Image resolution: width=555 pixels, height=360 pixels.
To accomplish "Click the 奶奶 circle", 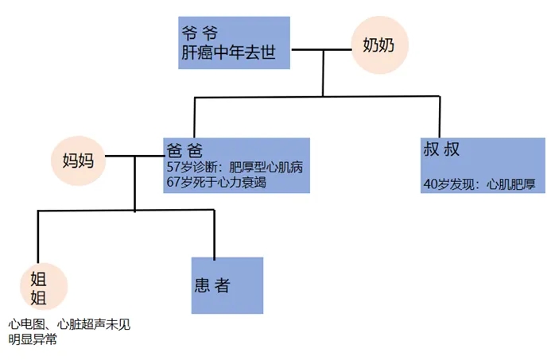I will (380, 46).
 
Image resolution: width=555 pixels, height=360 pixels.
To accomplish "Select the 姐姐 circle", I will (39, 287).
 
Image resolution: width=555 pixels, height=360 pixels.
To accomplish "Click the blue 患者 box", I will (227, 284).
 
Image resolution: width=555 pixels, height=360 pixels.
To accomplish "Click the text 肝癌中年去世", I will (235, 55).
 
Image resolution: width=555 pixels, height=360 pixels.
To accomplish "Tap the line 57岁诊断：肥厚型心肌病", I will (235, 168).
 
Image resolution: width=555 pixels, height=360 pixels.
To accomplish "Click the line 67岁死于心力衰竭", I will (216, 184).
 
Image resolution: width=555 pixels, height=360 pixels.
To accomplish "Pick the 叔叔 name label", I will (443, 149).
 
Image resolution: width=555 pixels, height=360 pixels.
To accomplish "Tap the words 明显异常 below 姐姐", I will (33, 339).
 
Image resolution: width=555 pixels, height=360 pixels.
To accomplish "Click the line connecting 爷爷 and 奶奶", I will (322, 49).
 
